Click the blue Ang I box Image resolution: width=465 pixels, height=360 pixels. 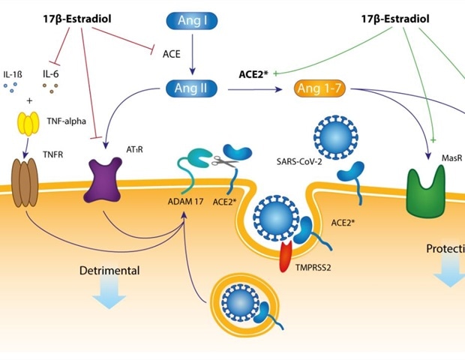pos(192,19)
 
